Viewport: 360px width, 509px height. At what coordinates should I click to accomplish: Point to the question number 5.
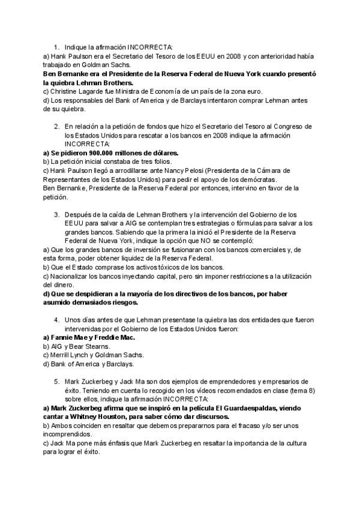click(56, 381)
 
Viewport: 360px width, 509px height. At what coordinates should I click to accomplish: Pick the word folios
click(162, 161)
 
